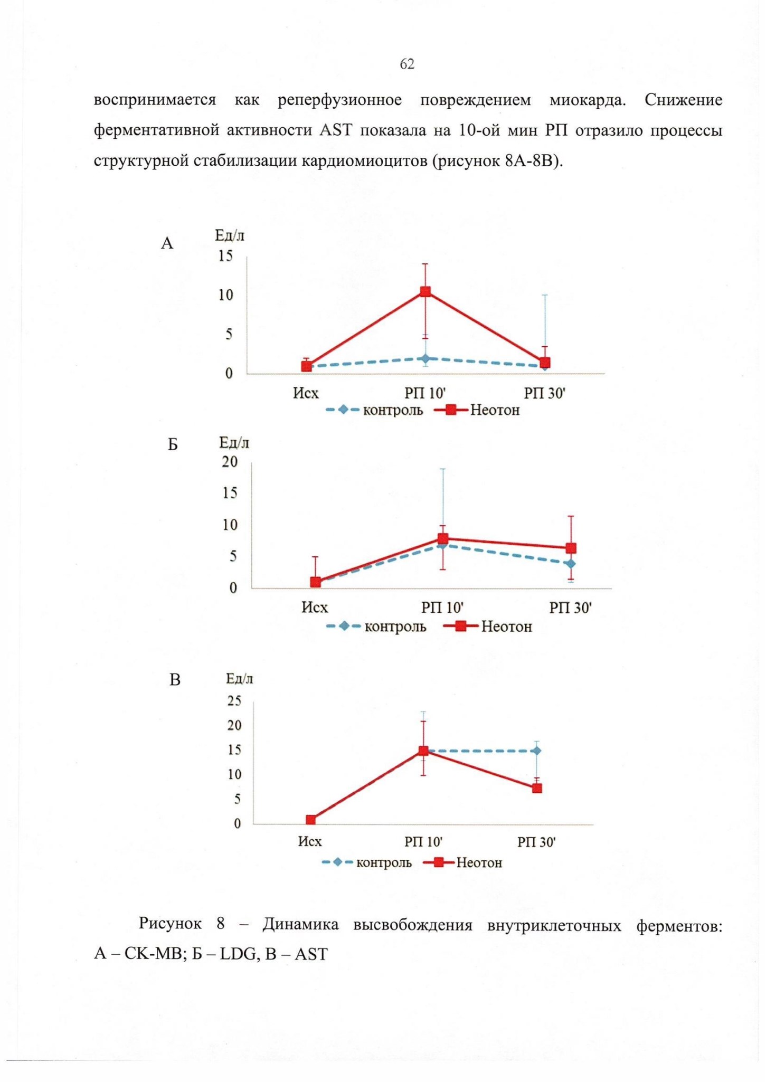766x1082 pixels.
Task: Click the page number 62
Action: click(407, 64)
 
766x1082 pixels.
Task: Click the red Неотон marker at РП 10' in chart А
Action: click(425, 291)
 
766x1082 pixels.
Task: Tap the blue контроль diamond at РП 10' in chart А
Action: click(425, 359)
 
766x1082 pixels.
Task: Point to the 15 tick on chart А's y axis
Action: click(225, 257)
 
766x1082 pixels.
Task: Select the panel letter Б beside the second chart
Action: click(173, 445)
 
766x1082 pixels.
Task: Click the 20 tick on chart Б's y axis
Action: click(230, 462)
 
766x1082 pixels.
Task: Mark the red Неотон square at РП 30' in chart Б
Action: click(571, 548)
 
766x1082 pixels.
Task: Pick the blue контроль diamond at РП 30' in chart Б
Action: click(570, 564)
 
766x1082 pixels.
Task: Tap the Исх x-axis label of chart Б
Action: click(315, 608)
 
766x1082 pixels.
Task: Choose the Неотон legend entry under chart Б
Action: click(487, 627)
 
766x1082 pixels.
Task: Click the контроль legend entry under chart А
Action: click(375, 410)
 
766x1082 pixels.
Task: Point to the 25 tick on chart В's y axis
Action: click(234, 701)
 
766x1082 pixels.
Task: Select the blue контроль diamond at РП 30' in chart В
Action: click(536, 751)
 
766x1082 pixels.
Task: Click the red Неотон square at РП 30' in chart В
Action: click(537, 788)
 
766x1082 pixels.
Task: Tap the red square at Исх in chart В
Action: click(311, 820)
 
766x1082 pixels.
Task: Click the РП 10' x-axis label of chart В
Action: click(423, 841)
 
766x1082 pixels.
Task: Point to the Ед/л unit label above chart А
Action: click(230, 235)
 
